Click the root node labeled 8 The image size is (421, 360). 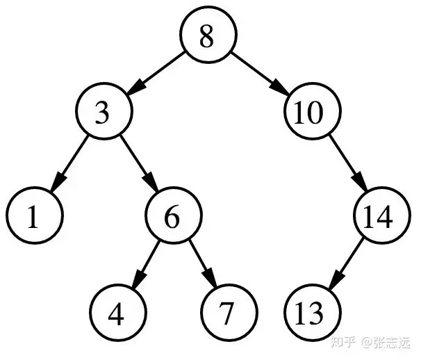click(207, 36)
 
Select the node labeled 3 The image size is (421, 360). click(103, 113)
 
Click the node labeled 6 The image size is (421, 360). click(172, 217)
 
